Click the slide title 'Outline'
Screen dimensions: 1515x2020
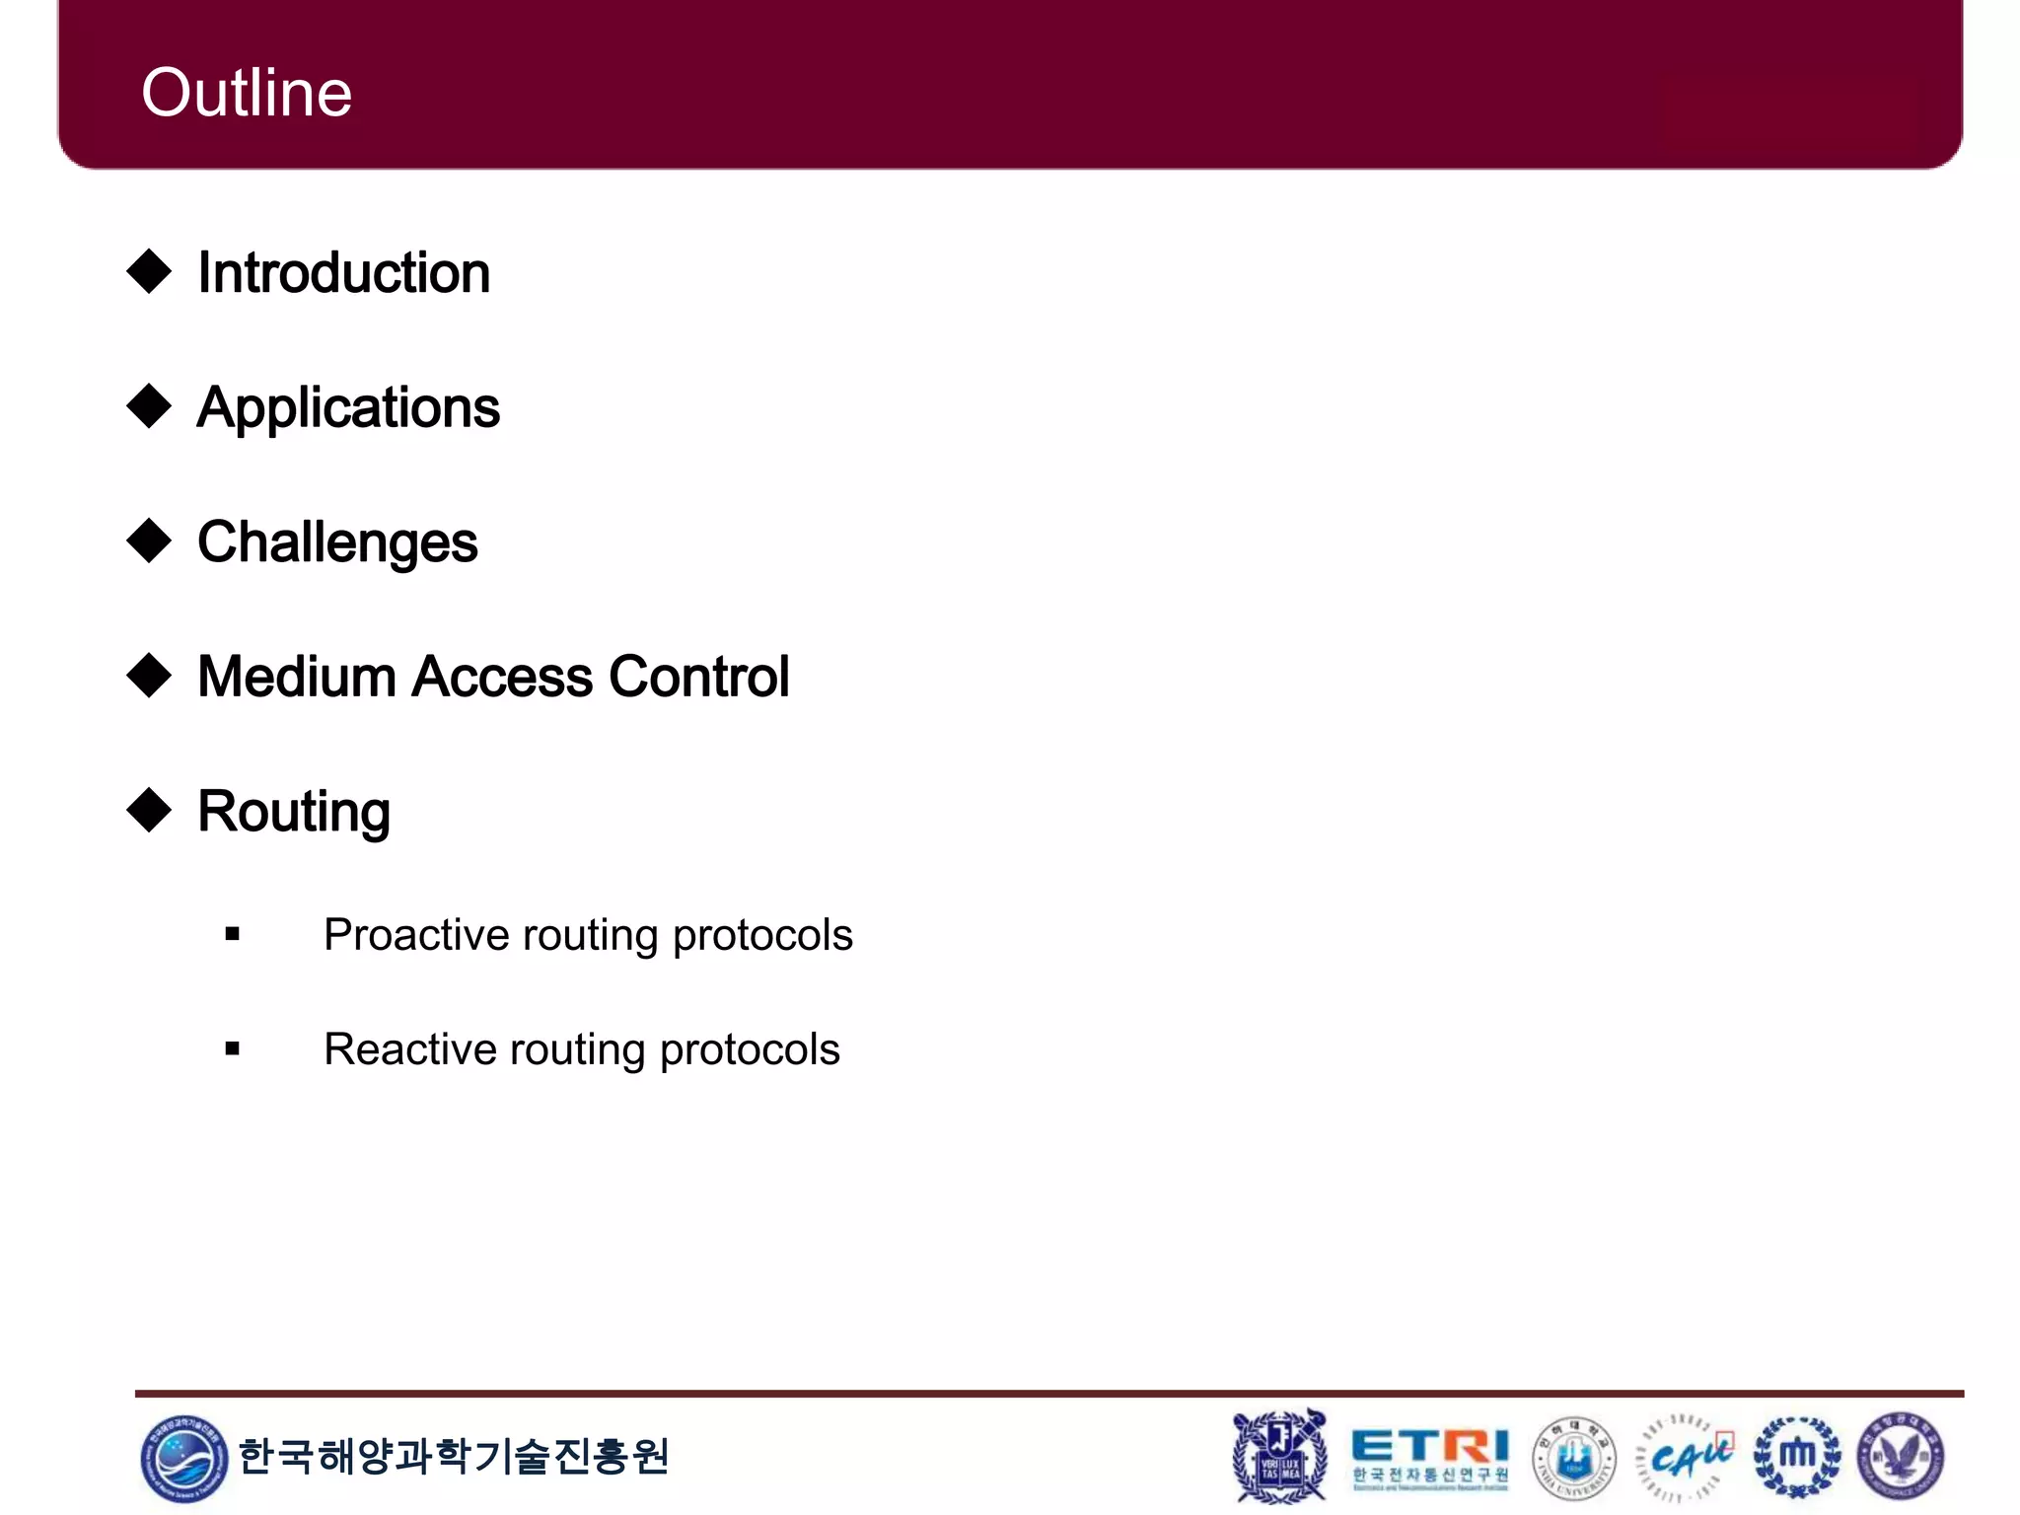point(247,93)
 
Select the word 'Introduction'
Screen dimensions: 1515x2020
point(343,272)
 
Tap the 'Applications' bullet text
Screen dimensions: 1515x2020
point(348,407)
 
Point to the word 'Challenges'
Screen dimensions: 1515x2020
point(337,542)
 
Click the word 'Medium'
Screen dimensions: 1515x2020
point(296,677)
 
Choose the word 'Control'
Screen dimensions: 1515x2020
point(698,677)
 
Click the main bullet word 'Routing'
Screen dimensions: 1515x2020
point(294,812)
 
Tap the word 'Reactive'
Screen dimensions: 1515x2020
point(408,1049)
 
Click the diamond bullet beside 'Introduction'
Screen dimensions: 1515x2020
point(150,271)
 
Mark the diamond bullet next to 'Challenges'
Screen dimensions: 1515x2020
point(150,541)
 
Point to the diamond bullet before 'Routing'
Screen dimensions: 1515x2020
point(150,810)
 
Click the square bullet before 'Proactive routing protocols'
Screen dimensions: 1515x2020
point(233,934)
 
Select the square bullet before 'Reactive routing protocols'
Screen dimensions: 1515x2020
point(233,1048)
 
